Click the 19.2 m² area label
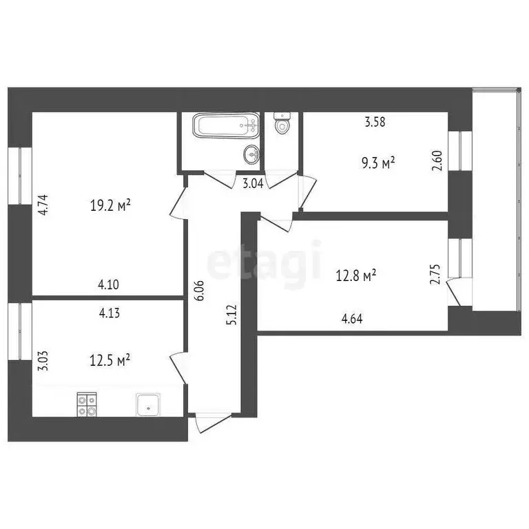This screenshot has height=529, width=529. pyautogui.click(x=110, y=205)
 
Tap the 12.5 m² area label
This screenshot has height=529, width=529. pyautogui.click(x=110, y=360)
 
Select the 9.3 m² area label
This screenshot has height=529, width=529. pyautogui.click(x=378, y=163)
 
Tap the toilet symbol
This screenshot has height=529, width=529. pyautogui.click(x=282, y=125)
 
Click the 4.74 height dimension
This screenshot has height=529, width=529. pyautogui.click(x=42, y=205)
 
